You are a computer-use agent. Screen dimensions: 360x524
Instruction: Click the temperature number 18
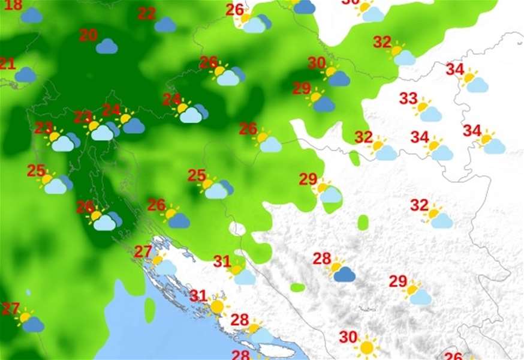[13, 6]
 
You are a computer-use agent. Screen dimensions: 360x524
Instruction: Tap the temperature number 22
[146, 14]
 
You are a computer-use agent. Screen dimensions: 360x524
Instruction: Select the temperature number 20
[88, 35]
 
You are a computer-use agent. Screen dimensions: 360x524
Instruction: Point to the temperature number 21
[7, 64]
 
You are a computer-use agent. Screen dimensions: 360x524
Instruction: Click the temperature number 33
[408, 98]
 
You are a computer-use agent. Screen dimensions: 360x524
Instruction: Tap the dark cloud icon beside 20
[107, 46]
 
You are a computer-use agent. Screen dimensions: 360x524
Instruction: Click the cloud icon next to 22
[165, 25]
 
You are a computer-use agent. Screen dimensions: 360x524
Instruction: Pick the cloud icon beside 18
[31, 16]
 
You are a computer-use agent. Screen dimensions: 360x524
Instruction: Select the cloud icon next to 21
[25, 75]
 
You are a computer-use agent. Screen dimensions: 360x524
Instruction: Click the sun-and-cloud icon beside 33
[427, 110]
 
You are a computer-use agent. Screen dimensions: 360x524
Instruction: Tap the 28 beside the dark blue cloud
[322, 259]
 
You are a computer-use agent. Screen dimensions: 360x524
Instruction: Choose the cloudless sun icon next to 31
[216, 307]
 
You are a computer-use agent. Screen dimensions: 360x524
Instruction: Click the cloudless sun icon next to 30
[366, 347]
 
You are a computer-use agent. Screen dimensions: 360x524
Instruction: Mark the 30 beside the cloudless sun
[348, 337]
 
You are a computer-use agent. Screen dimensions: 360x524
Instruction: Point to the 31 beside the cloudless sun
[198, 295]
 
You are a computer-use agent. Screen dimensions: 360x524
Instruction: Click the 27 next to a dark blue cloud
[10, 309]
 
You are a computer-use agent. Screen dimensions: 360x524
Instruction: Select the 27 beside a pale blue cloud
[143, 251]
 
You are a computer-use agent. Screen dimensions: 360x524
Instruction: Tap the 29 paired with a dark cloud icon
[302, 88]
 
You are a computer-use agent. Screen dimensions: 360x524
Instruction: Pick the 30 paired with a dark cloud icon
[317, 63]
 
